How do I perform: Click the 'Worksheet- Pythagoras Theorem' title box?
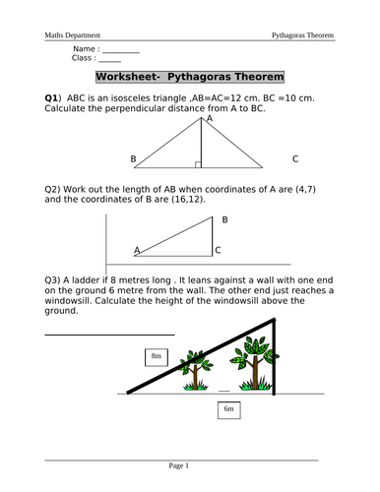189,77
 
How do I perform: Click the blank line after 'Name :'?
121,50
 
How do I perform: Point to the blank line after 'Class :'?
110,61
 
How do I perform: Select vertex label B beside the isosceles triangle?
133,158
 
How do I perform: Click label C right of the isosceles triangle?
294,158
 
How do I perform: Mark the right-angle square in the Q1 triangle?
198,164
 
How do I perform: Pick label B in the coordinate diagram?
224,219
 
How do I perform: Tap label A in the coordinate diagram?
137,250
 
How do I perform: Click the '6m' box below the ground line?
228,408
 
